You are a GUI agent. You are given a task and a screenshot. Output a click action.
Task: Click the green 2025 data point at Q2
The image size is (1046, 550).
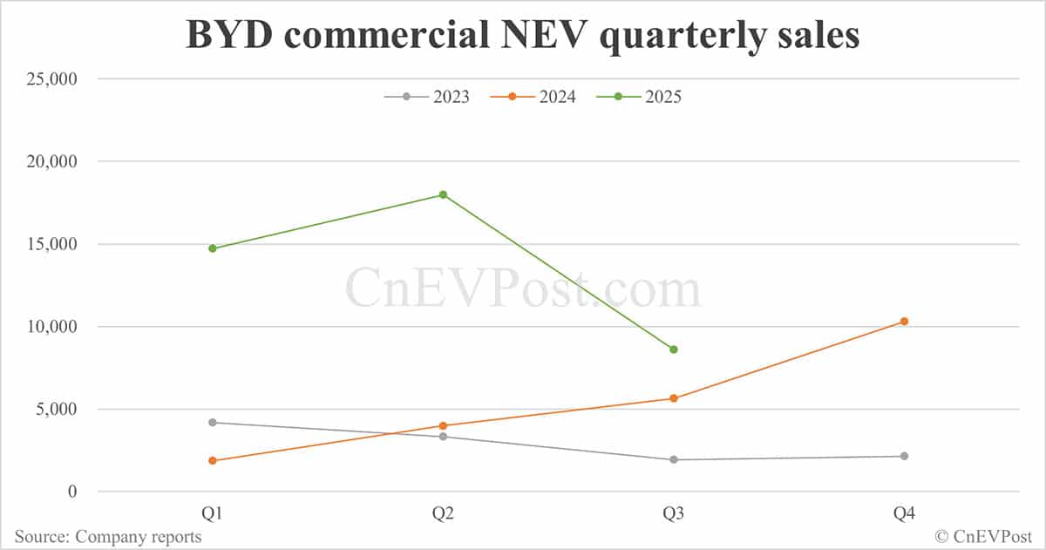(443, 194)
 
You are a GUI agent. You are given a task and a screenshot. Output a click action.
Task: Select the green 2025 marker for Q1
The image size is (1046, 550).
(212, 248)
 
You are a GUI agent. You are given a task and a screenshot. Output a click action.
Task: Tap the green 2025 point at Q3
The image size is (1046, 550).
(674, 350)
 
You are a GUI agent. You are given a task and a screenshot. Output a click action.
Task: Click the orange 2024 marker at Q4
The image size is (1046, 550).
(904, 322)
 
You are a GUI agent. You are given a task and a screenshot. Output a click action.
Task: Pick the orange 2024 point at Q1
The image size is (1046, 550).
(212, 460)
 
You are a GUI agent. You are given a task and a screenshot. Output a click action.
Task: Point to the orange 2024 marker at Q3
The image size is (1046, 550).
(674, 398)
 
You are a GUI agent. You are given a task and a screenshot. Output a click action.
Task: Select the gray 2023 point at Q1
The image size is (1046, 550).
(212, 423)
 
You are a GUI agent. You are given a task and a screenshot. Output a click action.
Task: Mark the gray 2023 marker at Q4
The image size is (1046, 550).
(904, 456)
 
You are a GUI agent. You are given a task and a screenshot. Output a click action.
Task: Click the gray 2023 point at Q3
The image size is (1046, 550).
(674, 459)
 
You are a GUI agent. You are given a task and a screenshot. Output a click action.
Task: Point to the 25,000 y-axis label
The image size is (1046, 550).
(51, 79)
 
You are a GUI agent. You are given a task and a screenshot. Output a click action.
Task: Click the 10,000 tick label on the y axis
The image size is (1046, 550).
(51, 327)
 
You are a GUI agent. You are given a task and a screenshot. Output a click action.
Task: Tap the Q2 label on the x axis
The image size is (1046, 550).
(443, 514)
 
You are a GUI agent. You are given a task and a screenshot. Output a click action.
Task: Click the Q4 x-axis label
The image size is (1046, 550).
(904, 514)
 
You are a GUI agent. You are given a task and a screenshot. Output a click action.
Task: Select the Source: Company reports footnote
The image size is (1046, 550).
(108, 537)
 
